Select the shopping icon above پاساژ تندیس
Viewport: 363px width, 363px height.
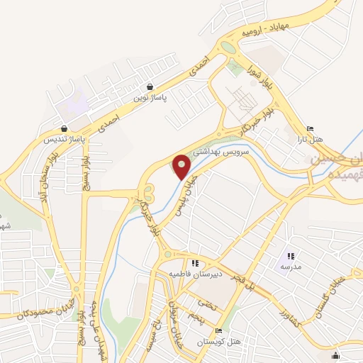click(x=65, y=130)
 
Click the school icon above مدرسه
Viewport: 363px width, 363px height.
click(x=290, y=256)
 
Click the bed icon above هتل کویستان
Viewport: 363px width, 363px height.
click(x=219, y=332)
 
